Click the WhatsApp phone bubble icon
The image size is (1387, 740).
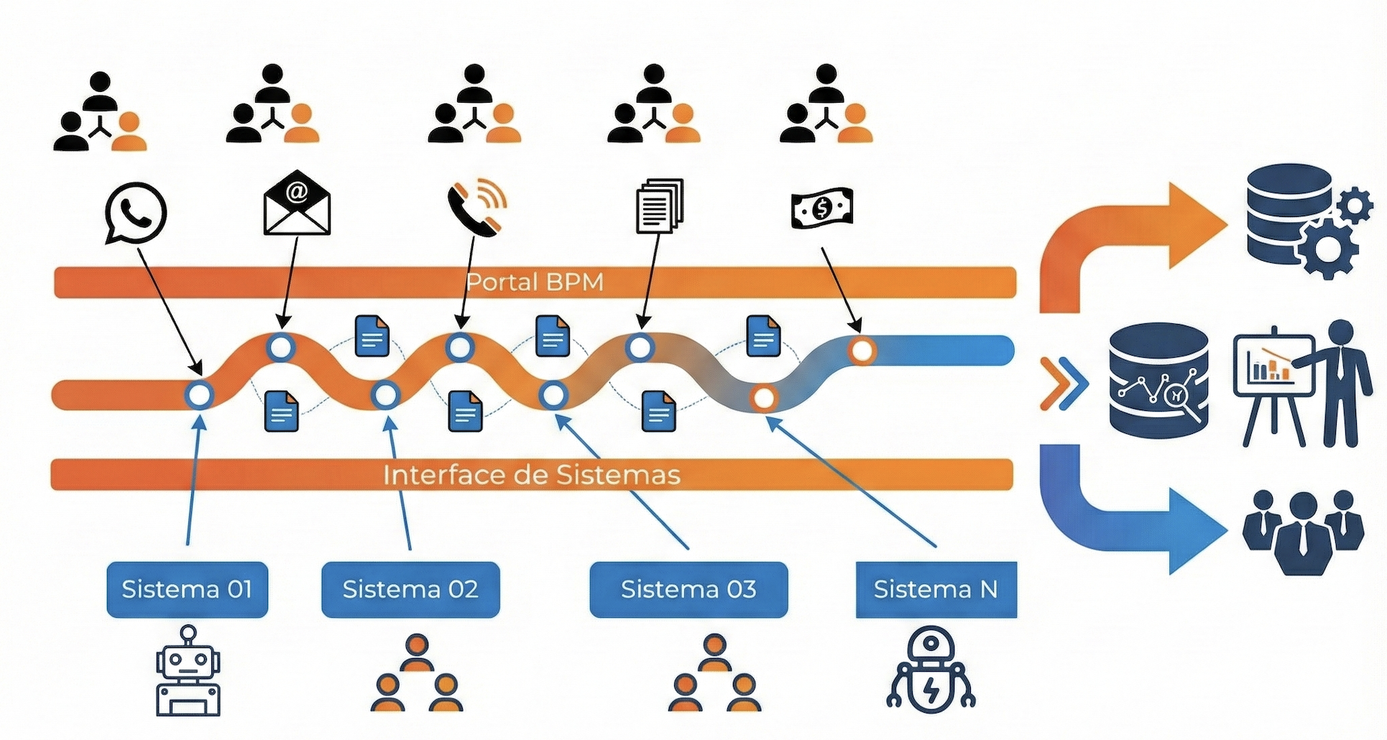click(x=135, y=213)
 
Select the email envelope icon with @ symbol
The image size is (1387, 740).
click(x=297, y=203)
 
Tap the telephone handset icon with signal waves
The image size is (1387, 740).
click(x=476, y=205)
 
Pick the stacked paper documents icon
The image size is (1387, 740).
click(x=659, y=205)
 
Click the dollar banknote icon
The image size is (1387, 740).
click(x=822, y=208)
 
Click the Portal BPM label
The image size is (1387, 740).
click(x=535, y=282)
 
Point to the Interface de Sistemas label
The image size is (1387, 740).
click(x=532, y=475)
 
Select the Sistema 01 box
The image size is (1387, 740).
click(x=187, y=590)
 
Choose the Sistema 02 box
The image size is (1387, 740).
click(x=410, y=590)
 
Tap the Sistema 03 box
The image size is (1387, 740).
click(x=688, y=590)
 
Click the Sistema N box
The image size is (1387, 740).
click(x=936, y=590)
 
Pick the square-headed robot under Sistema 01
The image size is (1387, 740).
click(x=188, y=672)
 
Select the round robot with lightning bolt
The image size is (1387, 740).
click(x=931, y=672)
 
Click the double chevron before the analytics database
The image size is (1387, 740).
click(x=1064, y=383)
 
